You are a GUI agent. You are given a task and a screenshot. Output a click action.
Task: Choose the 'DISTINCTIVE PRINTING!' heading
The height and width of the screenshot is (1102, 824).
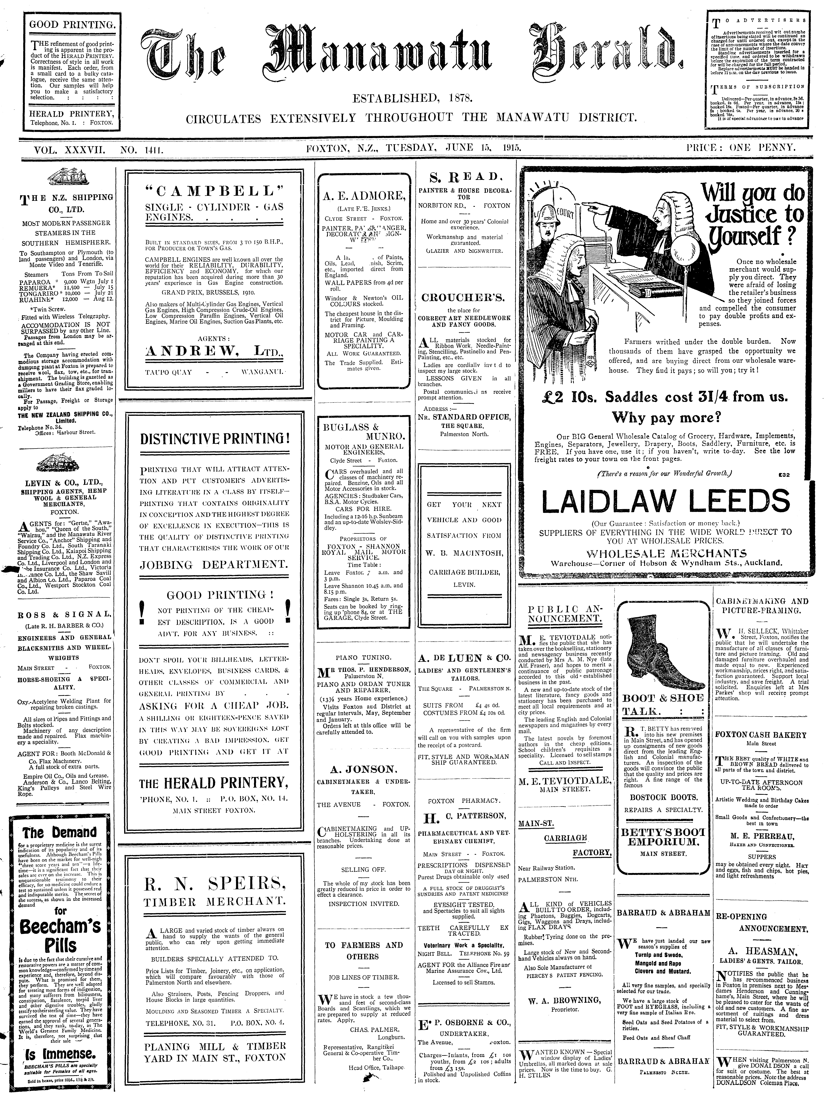click(x=215, y=439)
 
